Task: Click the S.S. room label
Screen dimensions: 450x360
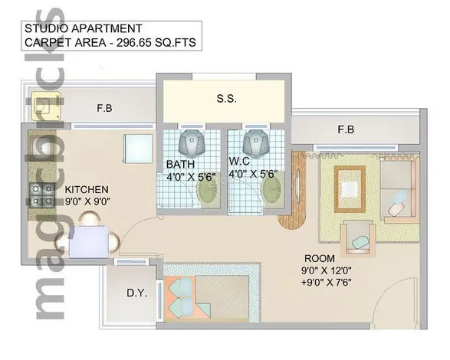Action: pos(226,99)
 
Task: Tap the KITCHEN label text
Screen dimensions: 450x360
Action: pos(87,190)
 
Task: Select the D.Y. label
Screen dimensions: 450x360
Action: pos(137,293)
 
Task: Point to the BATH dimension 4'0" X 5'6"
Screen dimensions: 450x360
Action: pos(191,177)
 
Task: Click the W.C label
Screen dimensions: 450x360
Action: pos(239,161)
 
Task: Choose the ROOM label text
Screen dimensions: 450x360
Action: pos(320,258)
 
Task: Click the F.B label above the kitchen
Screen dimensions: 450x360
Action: pos(104,108)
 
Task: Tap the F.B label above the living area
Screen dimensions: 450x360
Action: pos(346,129)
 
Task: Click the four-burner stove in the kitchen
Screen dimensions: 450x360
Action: pos(42,195)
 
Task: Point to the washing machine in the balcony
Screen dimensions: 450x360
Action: pos(46,106)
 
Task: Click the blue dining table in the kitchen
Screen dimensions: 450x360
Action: pos(89,242)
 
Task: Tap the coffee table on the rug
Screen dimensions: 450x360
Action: pos(350,189)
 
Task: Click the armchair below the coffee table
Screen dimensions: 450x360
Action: pos(358,237)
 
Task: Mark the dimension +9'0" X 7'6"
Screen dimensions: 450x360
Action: pos(327,283)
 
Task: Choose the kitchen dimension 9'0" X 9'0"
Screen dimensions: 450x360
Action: pos(88,201)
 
